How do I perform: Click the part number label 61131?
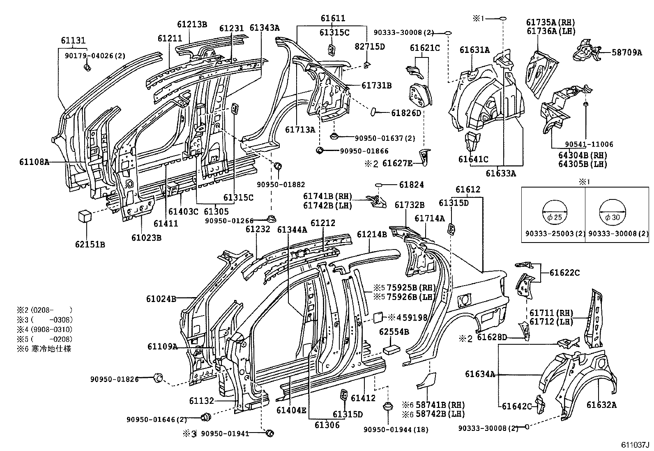coord(73,40)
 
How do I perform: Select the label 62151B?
coord(90,245)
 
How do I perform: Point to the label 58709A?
coord(626,53)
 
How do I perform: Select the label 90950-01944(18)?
coord(396,430)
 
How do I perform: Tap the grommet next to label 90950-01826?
coord(158,378)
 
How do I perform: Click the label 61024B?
coord(161,299)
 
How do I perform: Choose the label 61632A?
coord(601,405)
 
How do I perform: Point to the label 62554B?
coord(394,332)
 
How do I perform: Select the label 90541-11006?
coord(589,144)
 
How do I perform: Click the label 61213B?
coord(192,24)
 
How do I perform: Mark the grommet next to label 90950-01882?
coord(278,166)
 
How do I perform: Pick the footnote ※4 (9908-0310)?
coord(44,330)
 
